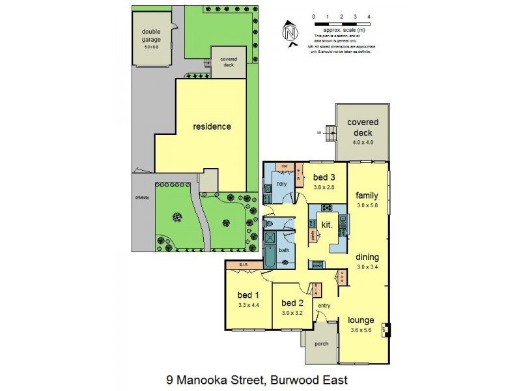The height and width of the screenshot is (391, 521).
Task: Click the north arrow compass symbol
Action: point(290,31)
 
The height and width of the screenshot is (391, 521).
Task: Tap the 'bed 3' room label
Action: point(324,177)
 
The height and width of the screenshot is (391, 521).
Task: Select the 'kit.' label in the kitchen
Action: point(327,225)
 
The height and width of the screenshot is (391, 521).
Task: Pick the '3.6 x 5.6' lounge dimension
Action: point(360,330)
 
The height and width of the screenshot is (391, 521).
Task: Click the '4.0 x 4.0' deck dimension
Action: point(363,142)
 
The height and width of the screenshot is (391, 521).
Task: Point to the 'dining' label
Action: point(367,256)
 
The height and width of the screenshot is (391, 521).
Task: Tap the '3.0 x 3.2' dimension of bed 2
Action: point(292,313)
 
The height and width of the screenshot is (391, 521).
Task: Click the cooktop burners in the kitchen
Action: point(326,209)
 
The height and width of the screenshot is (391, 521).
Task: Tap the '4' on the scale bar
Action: point(369,16)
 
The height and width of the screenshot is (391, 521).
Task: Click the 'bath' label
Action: point(284,250)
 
